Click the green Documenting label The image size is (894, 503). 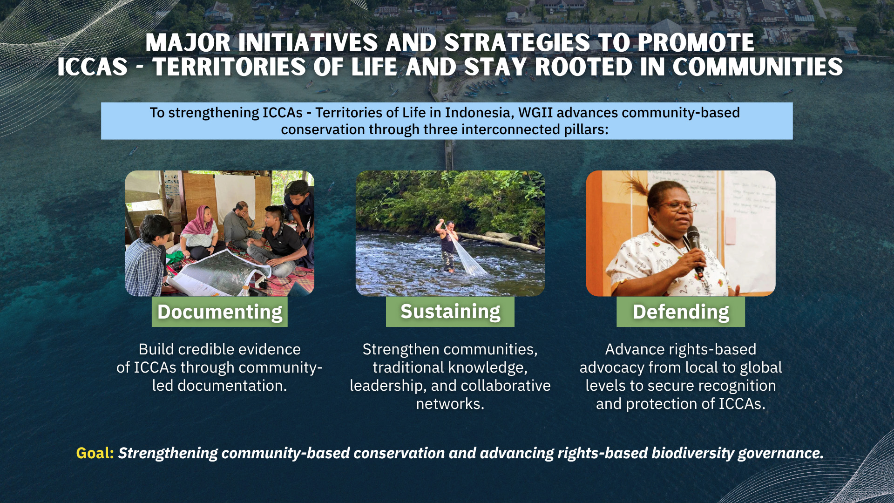pyautogui.click(x=219, y=312)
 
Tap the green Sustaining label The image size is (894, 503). pyautogui.click(x=450, y=312)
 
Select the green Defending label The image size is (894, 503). pyautogui.click(x=681, y=312)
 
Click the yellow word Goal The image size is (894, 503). pyautogui.click(x=95, y=453)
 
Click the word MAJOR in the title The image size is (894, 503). pyautogui.click(x=188, y=43)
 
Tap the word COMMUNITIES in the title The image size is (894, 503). pyautogui.click(x=758, y=67)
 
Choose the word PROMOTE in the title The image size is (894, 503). pyautogui.click(x=696, y=43)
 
